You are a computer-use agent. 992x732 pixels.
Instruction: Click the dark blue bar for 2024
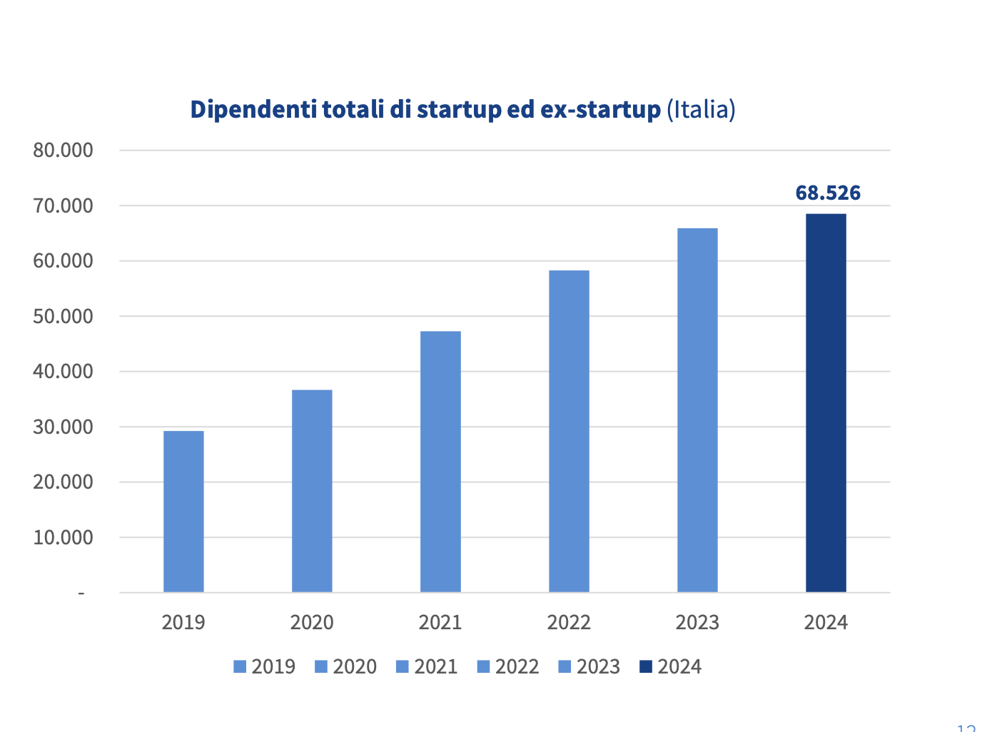pyautogui.click(x=826, y=403)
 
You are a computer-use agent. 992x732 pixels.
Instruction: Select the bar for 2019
pyautogui.click(x=183, y=512)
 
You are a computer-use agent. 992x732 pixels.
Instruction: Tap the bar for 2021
pyautogui.click(x=440, y=462)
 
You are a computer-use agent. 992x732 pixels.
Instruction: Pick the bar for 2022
pyautogui.click(x=569, y=431)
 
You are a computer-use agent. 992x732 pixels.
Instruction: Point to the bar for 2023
pyautogui.click(x=697, y=410)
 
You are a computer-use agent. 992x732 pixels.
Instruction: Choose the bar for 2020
pyautogui.click(x=312, y=491)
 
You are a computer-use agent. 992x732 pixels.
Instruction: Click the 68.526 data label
pyautogui.click(x=828, y=193)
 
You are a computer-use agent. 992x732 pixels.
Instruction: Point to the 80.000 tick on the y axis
pyautogui.click(x=63, y=151)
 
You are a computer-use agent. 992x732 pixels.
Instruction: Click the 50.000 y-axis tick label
pyautogui.click(x=63, y=316)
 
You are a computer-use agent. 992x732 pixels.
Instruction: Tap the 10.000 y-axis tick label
pyautogui.click(x=63, y=537)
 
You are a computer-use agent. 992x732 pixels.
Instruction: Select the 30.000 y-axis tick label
pyautogui.click(x=63, y=427)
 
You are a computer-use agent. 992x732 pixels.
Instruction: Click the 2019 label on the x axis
pyautogui.click(x=183, y=623)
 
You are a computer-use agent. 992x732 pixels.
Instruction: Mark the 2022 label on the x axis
pyautogui.click(x=569, y=623)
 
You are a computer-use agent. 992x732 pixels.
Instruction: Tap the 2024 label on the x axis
pyautogui.click(x=826, y=623)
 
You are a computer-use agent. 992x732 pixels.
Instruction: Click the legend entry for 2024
pyautogui.click(x=671, y=667)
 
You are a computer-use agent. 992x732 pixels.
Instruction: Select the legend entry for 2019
pyautogui.click(x=265, y=667)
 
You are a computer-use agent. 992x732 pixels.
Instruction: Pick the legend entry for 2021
pyautogui.click(x=427, y=667)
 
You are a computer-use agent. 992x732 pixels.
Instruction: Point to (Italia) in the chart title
pyautogui.click(x=701, y=110)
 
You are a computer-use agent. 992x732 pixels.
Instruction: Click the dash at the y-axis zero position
pyautogui.click(x=81, y=593)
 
